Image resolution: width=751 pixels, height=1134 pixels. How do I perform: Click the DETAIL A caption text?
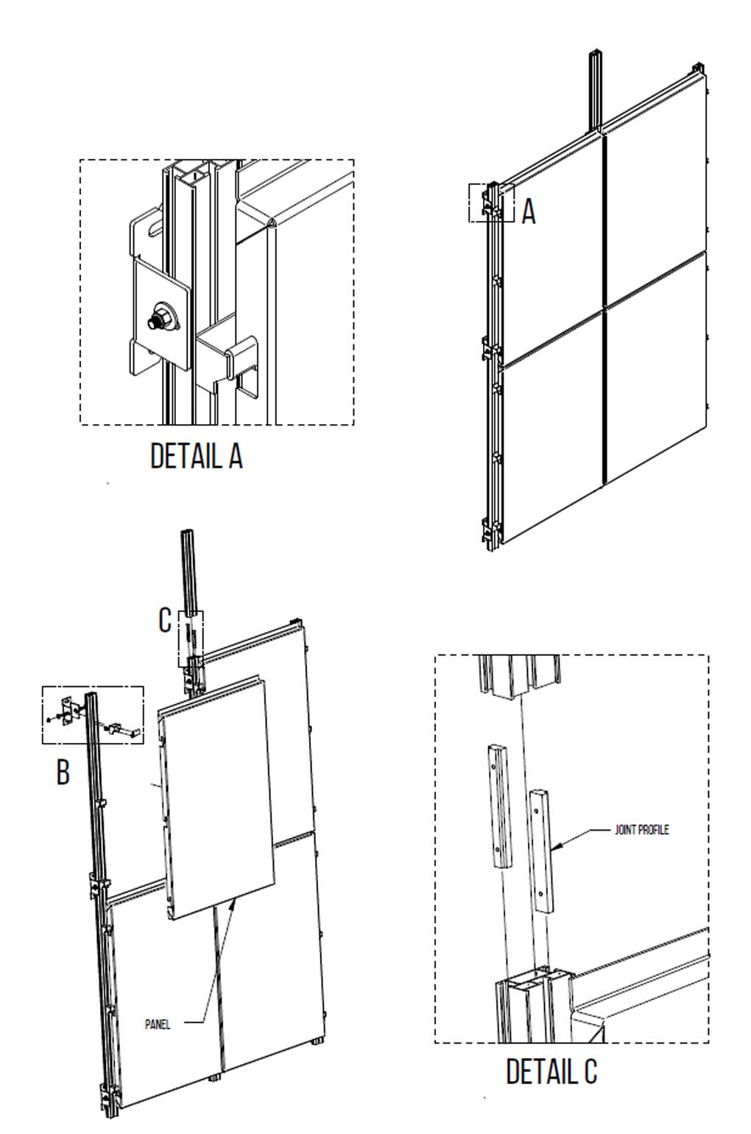[x=196, y=456]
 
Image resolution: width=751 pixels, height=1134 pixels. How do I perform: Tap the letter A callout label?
[x=529, y=212]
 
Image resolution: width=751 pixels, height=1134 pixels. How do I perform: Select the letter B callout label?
[x=63, y=772]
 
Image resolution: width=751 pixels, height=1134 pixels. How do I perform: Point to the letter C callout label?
[x=165, y=621]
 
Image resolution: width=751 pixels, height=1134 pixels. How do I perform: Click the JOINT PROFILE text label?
[x=641, y=830]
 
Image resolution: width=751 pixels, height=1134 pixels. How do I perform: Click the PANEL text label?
[x=158, y=1024]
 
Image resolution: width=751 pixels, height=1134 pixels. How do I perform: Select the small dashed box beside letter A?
[x=491, y=202]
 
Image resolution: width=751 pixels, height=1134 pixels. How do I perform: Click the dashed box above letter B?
[x=93, y=714]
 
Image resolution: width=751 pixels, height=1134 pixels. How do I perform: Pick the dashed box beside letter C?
[x=191, y=638]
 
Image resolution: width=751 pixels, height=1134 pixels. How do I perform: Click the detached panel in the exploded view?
[x=216, y=803]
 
